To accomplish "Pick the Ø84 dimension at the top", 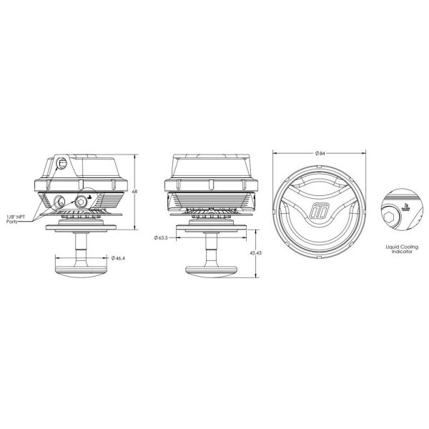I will tap(320, 152).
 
